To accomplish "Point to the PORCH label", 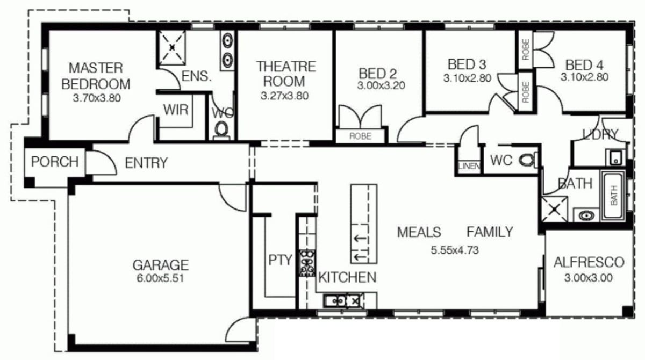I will [54, 162].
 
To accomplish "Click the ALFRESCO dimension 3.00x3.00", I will [589, 278].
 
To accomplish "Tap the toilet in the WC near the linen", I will [527, 160].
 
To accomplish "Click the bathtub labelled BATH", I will [613, 195].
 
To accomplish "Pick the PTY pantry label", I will [279, 261].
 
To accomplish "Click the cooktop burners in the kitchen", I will [307, 263].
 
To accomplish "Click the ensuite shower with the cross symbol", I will [172, 48].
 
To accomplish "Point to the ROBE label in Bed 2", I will [360, 136].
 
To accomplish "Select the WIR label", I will [176, 110].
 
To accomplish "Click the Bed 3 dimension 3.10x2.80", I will [467, 77].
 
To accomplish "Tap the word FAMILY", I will [489, 232].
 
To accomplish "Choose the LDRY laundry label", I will [600, 134].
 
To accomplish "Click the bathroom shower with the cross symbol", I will [554, 209].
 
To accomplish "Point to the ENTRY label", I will [146, 162].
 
